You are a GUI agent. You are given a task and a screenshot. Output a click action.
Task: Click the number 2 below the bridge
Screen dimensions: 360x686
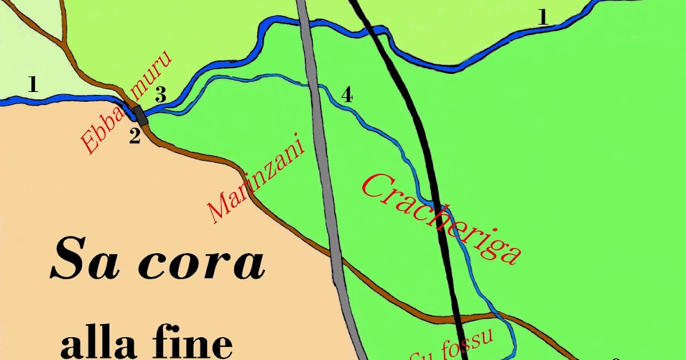click(x=134, y=137)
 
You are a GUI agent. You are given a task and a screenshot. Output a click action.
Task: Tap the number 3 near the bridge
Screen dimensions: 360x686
click(x=161, y=96)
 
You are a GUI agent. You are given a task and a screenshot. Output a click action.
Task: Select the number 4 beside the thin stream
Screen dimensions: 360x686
click(x=346, y=95)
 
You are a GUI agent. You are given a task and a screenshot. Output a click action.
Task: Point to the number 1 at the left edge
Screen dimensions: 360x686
click(x=33, y=86)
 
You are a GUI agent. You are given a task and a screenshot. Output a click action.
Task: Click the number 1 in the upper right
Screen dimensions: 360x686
click(x=543, y=17)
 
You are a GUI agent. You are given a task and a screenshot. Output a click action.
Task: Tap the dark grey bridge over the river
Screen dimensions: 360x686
click(x=139, y=114)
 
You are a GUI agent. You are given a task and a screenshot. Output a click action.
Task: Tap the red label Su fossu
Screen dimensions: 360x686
click(x=452, y=346)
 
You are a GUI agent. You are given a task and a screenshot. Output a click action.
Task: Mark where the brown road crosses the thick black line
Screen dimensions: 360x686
click(x=461, y=315)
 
